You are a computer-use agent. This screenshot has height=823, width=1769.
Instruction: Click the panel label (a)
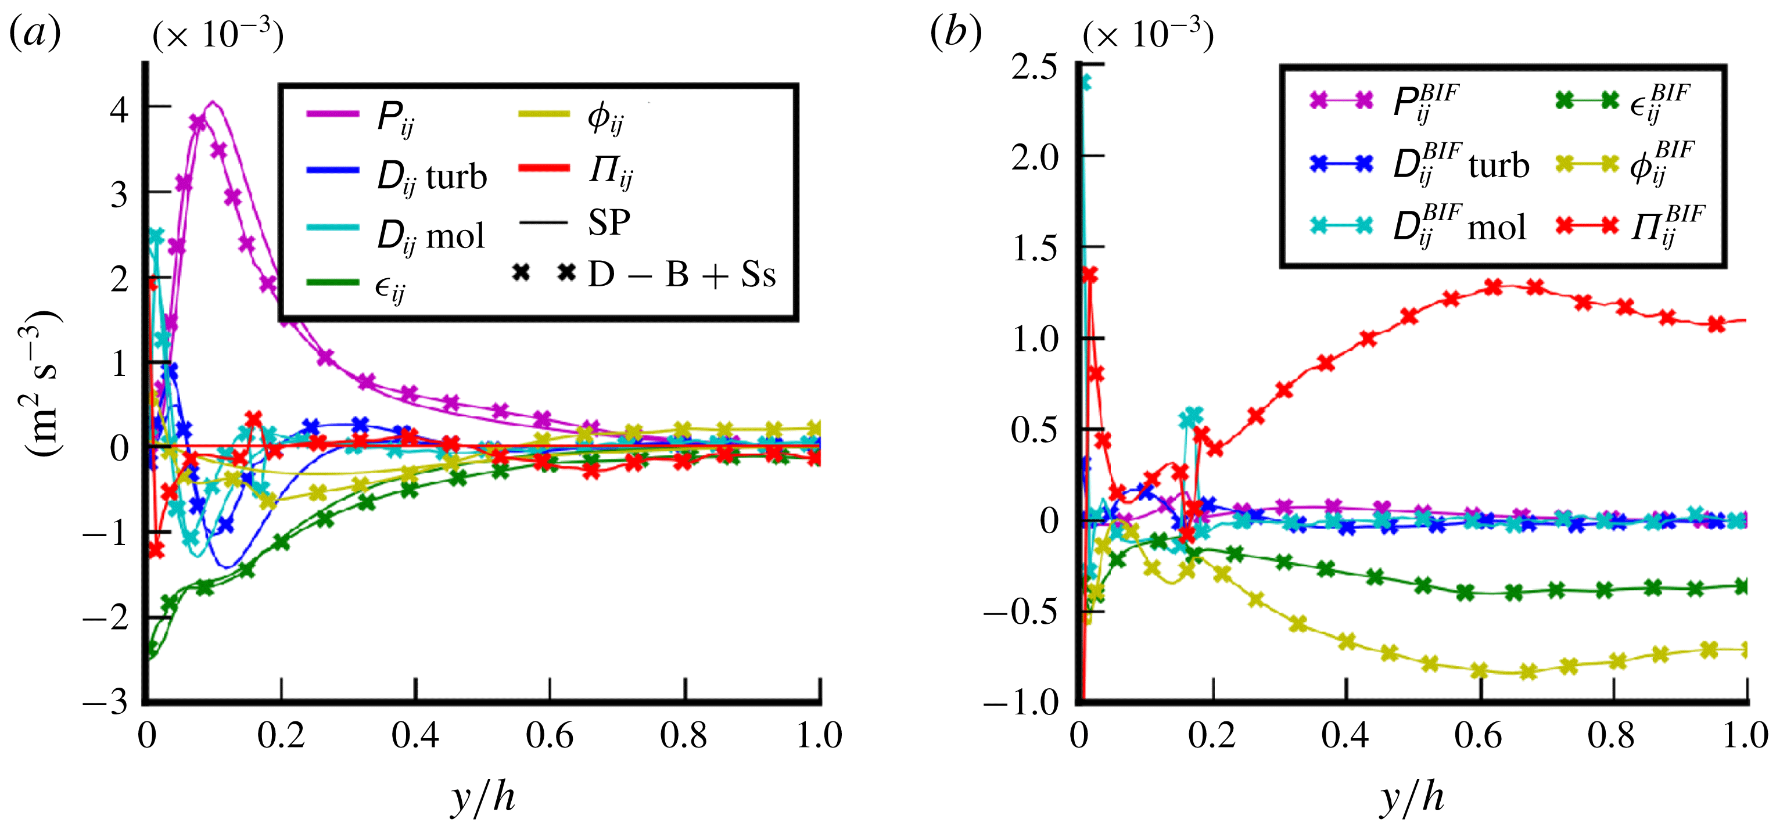point(34,33)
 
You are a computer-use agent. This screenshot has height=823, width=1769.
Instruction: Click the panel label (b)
point(955,33)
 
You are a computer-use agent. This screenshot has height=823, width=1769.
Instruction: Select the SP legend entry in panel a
point(608,222)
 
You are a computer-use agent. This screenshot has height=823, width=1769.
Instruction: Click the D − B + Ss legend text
point(681,275)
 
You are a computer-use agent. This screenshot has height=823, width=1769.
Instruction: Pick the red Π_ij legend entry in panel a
point(610,170)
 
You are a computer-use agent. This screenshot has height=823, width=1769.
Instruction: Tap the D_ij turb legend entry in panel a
point(431,177)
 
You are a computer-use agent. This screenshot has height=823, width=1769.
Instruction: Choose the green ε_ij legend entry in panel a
point(389,287)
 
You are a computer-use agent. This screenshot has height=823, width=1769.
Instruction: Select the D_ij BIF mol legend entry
point(1460,227)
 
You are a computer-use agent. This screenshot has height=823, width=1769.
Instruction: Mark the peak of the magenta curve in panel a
point(213,103)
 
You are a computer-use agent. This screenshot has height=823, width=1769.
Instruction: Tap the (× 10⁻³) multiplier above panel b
point(1147,34)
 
